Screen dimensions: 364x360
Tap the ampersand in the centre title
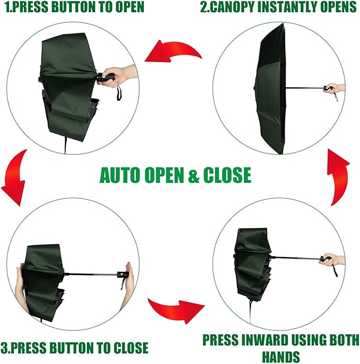[194, 175]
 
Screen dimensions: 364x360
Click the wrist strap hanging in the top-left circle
[118, 94]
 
